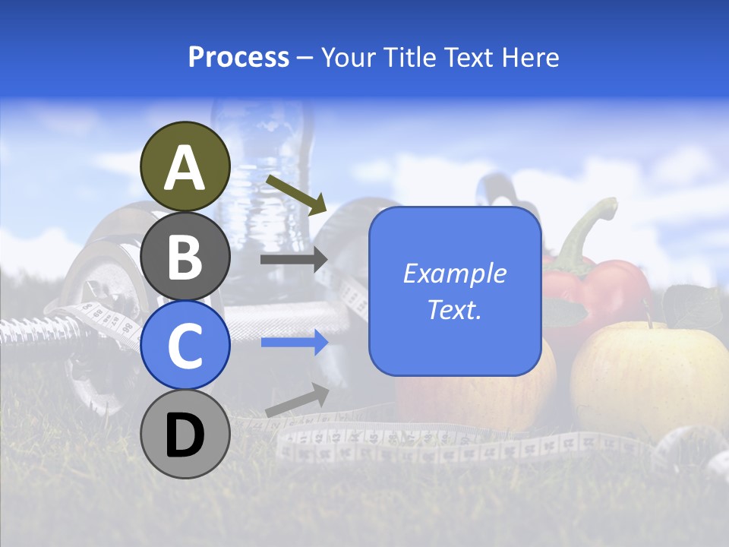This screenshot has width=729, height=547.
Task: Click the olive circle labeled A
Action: click(x=185, y=167)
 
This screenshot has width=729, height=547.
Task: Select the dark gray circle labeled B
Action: click(x=185, y=256)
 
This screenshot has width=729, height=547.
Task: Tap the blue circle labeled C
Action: click(x=185, y=345)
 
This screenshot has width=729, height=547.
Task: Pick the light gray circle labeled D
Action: click(x=185, y=434)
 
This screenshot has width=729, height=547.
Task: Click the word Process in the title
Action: click(x=238, y=58)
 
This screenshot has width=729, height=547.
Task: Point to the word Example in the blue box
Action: click(x=454, y=273)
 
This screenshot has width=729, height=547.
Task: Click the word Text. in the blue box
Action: click(x=454, y=309)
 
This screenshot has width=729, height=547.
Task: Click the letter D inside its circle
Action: click(x=185, y=435)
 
